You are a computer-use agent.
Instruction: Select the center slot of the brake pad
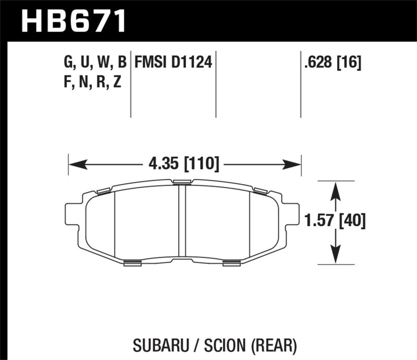(182, 221)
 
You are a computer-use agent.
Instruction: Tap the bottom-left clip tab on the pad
(133, 263)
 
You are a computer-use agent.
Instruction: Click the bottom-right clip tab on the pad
(231, 263)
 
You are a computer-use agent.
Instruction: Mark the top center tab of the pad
(182, 181)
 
